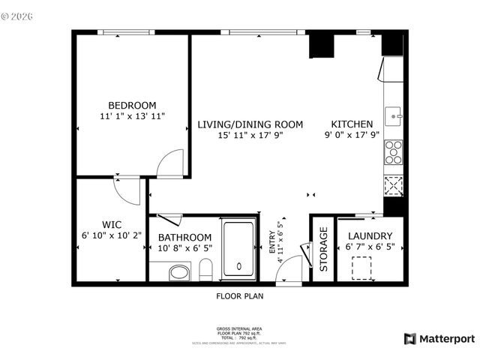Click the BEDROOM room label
132,105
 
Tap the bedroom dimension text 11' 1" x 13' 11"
132,116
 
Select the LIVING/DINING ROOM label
250,124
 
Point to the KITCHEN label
352,124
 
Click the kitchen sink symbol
394,116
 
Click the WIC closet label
112,223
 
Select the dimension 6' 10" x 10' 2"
112,235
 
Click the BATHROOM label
184,237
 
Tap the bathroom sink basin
179,272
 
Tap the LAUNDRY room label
370,235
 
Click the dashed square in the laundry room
364,267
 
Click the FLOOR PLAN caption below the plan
240,296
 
